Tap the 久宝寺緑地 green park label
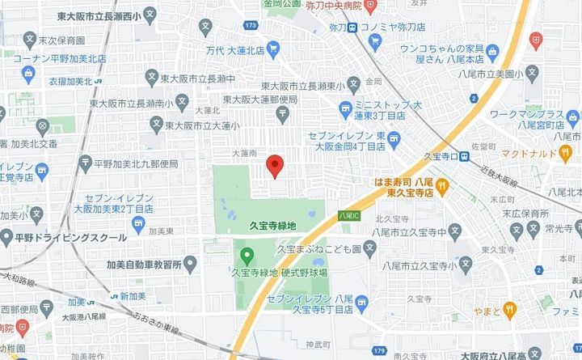click(273, 227)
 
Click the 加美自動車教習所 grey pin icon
click(190, 264)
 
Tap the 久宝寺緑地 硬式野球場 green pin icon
click(248, 258)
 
